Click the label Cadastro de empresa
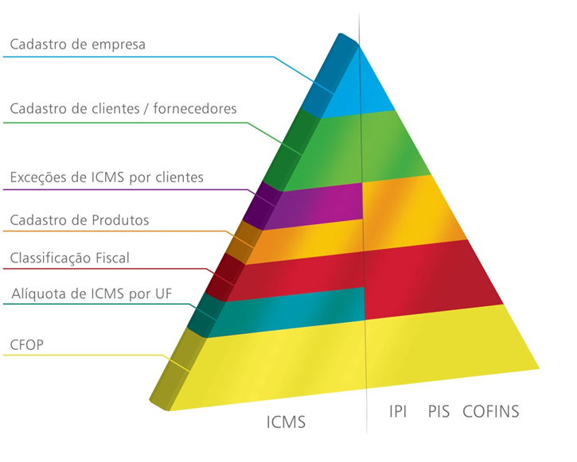(x=77, y=45)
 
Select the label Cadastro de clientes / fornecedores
(x=123, y=108)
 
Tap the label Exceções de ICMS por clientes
(x=107, y=177)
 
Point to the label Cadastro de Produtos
(x=79, y=219)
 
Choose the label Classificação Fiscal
(x=69, y=258)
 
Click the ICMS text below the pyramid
(x=286, y=422)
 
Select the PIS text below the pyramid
(x=439, y=411)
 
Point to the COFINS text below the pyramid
(x=490, y=411)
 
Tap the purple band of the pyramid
(x=318, y=202)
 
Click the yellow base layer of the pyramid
(x=358, y=358)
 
